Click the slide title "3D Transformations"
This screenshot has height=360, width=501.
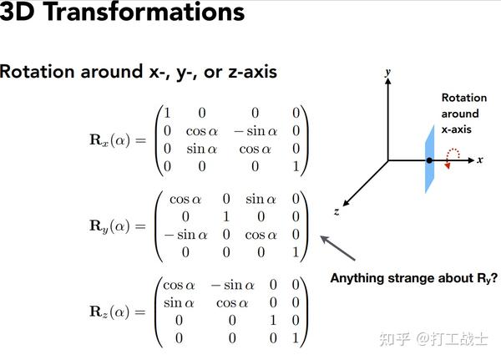pos(122,14)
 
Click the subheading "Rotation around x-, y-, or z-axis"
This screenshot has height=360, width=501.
pos(139,72)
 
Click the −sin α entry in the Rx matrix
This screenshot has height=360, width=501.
pos(250,129)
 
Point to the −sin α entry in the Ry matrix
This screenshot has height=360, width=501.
pos(185,235)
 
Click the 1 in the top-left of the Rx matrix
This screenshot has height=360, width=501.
pos(167,113)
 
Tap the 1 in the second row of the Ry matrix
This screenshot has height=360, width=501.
pos(225,217)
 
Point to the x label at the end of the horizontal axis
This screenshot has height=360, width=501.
pos(480,159)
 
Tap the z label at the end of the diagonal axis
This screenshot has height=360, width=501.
pos(336,212)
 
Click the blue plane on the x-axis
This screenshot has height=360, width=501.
pos(428,159)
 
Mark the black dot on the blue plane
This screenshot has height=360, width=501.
pos(429,160)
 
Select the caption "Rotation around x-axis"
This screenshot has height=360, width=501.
pos(460,114)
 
